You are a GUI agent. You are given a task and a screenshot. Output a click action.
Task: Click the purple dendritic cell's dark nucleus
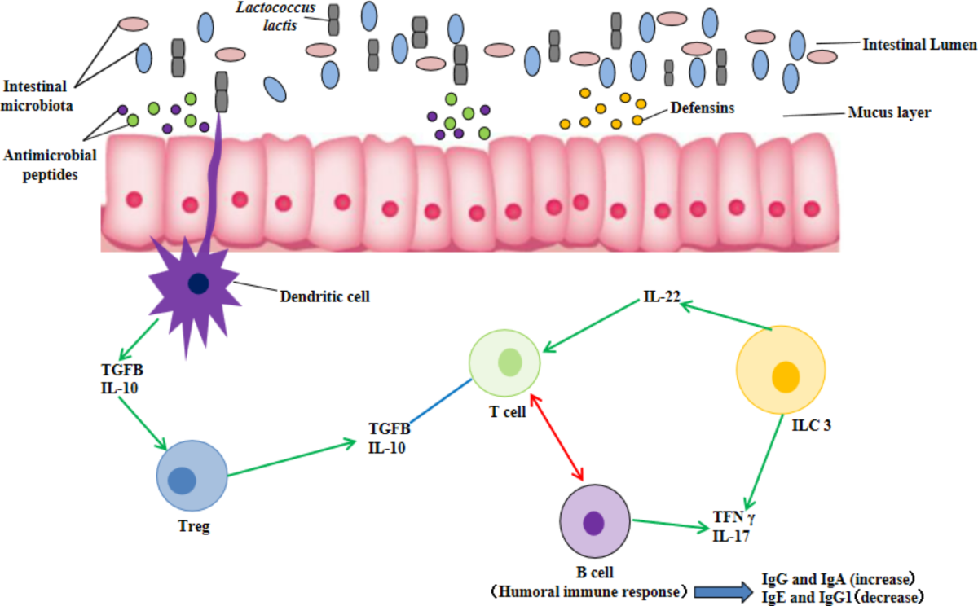[198, 283]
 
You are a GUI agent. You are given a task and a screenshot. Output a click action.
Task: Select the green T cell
[504, 363]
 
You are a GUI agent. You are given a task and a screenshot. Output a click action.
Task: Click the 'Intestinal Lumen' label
[919, 45]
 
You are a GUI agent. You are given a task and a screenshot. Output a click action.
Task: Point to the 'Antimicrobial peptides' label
[50, 164]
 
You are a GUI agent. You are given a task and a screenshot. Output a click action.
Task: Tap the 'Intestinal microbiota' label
[39, 94]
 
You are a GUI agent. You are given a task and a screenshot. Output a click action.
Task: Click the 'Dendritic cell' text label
[324, 296]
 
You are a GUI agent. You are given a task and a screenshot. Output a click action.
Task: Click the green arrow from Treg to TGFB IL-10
[293, 459]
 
